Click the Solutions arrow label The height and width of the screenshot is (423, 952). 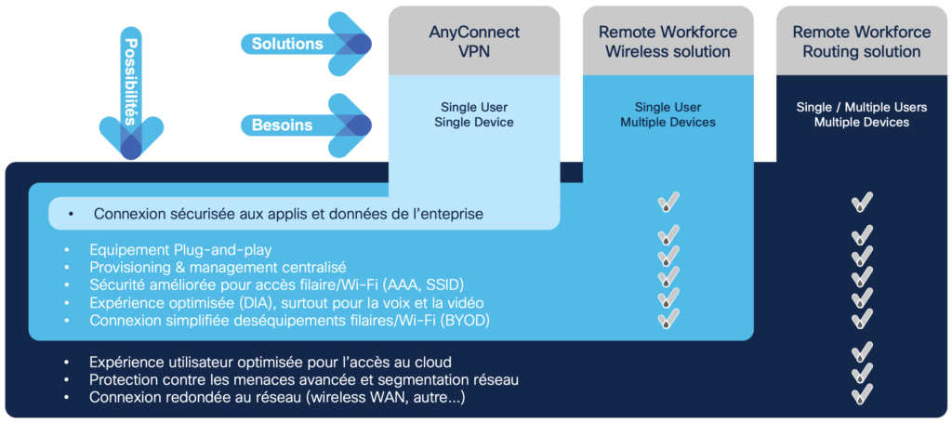(x=287, y=44)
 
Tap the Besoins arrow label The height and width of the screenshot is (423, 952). (x=282, y=125)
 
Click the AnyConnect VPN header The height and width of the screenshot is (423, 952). (x=474, y=41)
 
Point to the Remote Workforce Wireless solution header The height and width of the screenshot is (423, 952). (x=668, y=41)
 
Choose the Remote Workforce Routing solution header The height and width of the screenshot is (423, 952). (x=861, y=41)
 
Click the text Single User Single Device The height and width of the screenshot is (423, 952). (x=474, y=113)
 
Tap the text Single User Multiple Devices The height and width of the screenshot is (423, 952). (x=668, y=114)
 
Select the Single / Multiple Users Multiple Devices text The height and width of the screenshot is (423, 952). (x=861, y=114)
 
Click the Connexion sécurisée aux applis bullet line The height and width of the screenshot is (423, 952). (x=288, y=214)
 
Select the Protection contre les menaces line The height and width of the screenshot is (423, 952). (x=303, y=379)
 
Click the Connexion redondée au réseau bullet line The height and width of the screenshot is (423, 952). (x=277, y=397)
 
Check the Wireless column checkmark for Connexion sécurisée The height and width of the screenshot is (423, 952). (x=668, y=202)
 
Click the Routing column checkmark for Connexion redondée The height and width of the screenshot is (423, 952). (x=862, y=394)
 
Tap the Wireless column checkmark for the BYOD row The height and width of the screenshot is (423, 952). (x=668, y=319)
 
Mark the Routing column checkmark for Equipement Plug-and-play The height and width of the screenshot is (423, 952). (x=862, y=235)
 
